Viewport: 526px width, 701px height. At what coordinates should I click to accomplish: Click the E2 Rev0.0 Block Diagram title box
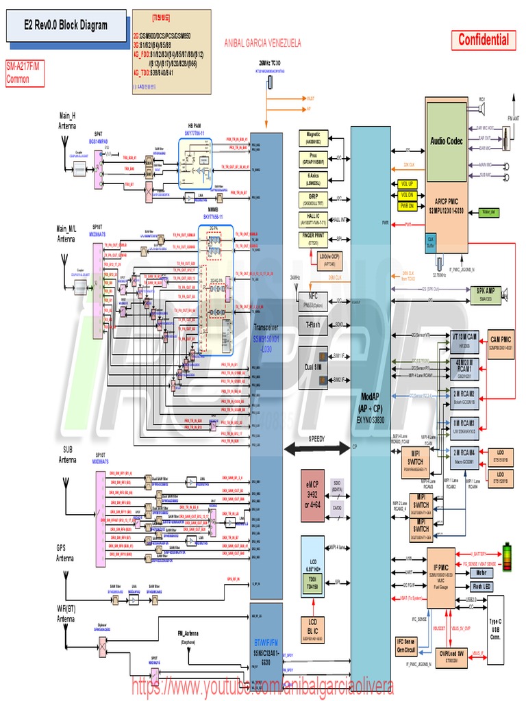pos(66,26)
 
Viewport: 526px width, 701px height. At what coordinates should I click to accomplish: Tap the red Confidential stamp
pos(484,40)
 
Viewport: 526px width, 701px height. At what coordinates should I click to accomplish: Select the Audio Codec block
pos(447,141)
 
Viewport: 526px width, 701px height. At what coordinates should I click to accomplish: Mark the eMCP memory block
pos(312,494)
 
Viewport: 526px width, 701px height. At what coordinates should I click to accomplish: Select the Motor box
pos(481,572)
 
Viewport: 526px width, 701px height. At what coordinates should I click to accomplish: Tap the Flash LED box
pos(481,586)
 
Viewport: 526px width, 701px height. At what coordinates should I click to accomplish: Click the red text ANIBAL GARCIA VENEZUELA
pos(262,42)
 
